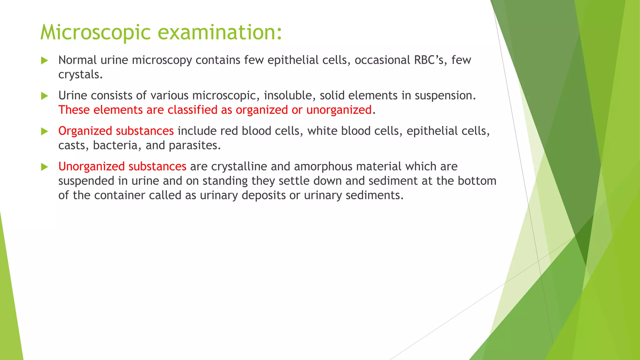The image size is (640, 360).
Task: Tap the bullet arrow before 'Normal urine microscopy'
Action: pyautogui.click(x=44, y=61)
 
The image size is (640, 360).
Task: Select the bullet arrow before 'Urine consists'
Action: pyautogui.click(x=44, y=96)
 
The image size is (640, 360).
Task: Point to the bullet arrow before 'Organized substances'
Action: pyautogui.click(x=44, y=132)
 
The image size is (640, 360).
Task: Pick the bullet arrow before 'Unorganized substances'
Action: pyautogui.click(x=44, y=167)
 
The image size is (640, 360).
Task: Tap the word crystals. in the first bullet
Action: pyautogui.click(x=81, y=75)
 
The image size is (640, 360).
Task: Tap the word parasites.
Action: pyautogui.click(x=195, y=146)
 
